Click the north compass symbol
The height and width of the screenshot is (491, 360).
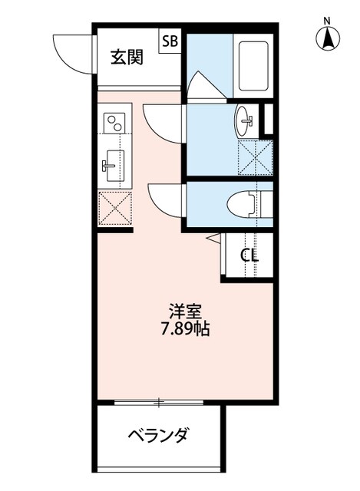[x=328, y=35]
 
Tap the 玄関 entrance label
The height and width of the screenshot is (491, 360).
[x=125, y=57]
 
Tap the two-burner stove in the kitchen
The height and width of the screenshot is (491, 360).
[x=115, y=123]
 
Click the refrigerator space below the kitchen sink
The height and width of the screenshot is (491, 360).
[x=115, y=208]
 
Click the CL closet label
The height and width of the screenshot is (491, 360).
[x=249, y=255]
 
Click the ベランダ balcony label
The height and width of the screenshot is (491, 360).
[x=157, y=436]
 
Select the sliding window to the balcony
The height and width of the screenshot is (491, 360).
[x=159, y=401]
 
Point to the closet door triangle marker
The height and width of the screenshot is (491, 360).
[x=214, y=239]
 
